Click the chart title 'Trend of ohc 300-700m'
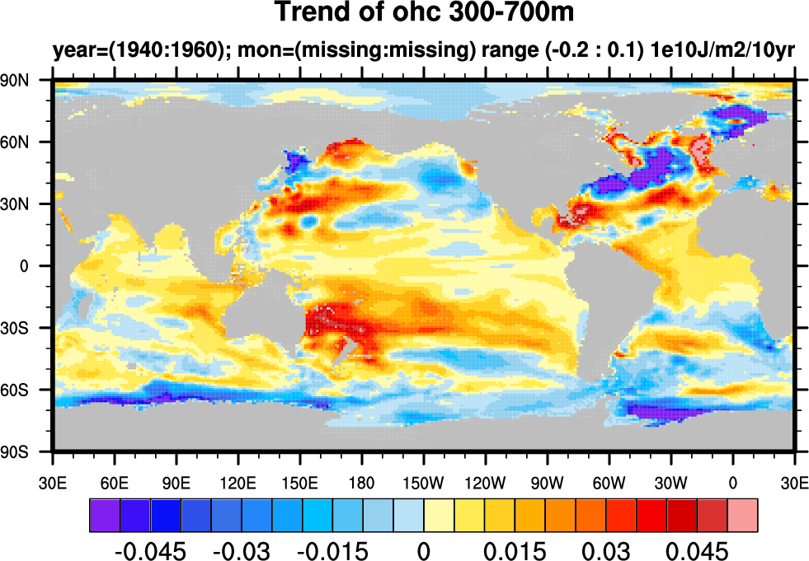(423, 13)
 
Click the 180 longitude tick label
(362, 482)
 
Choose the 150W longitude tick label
(423, 482)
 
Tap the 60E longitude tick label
(114, 482)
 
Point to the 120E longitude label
(238, 482)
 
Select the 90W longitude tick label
(547, 482)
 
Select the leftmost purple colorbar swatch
(104, 514)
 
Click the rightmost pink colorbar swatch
(742, 514)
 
